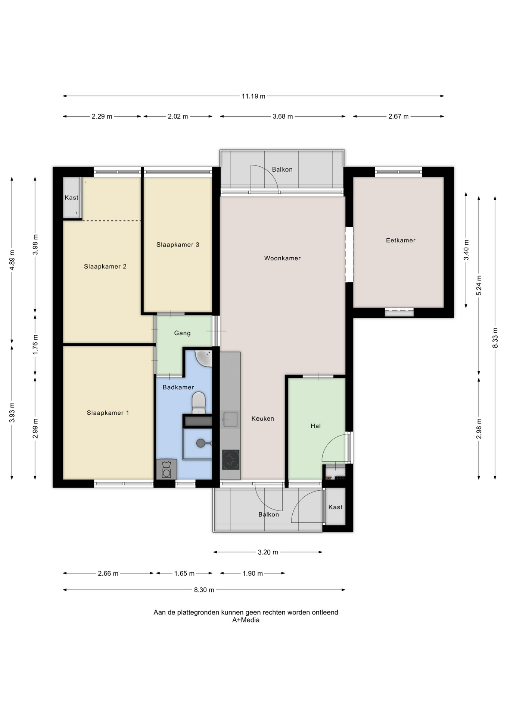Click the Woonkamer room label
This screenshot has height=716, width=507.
coord(282,258)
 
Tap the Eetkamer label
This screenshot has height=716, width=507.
coord(401,241)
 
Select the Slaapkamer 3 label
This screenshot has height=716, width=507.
coord(178,245)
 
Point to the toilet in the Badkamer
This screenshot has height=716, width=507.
coord(199,402)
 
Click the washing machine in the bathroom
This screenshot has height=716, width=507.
coord(167,469)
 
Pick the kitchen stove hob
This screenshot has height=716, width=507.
coord(231,460)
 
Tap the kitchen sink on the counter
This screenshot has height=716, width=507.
coord(230,420)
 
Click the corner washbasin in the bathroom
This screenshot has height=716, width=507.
coord(204,358)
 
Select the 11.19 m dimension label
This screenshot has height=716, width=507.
coord(253,96)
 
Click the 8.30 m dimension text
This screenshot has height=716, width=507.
coord(204,590)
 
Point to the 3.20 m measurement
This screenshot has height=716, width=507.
coord(268,552)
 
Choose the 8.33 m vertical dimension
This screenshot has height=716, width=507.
coord(495,338)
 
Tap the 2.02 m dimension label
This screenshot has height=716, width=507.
coord(178,116)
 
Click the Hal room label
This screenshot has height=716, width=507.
coord(315,426)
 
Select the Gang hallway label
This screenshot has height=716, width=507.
coord(182,333)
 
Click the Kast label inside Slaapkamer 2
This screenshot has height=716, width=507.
coord(71,198)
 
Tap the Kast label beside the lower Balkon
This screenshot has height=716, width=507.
coord(335,507)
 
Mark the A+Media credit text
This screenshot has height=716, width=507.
coord(246,620)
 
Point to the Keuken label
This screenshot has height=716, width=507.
coord(262,419)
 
